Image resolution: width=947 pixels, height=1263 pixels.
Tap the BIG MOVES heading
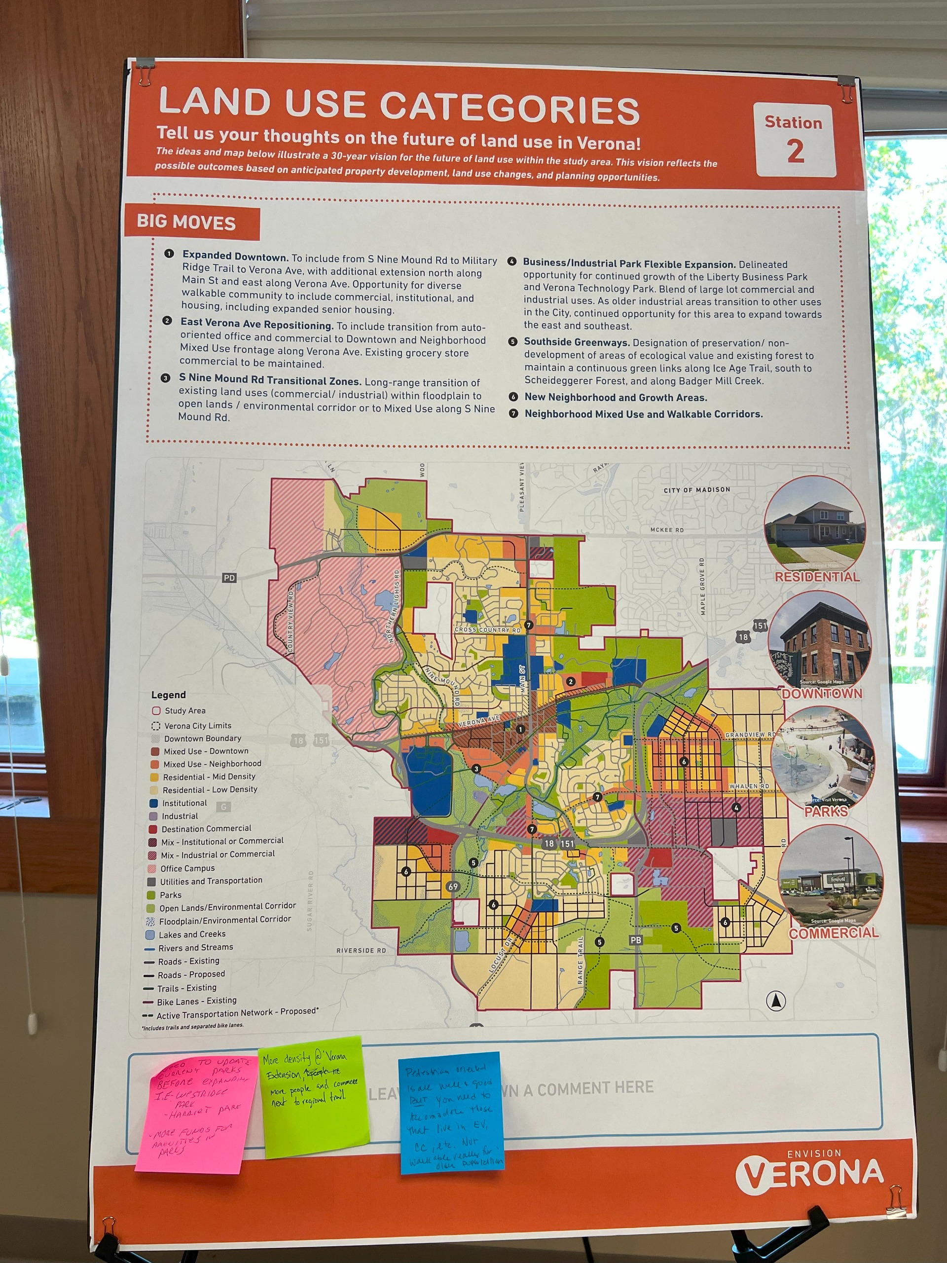(x=186, y=222)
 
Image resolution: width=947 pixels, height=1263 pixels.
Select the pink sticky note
(x=195, y=1112)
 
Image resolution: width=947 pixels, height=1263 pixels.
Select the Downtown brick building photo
(x=820, y=640)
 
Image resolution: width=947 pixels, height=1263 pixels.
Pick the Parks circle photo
(x=823, y=757)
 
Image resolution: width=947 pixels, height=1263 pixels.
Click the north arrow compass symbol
(x=776, y=1001)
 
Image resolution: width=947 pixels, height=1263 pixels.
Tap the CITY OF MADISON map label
(x=696, y=490)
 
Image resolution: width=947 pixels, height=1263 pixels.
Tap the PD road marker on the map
(x=229, y=578)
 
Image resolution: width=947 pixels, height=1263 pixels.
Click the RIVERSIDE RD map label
(x=361, y=951)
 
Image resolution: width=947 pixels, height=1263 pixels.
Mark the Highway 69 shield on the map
(x=453, y=887)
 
